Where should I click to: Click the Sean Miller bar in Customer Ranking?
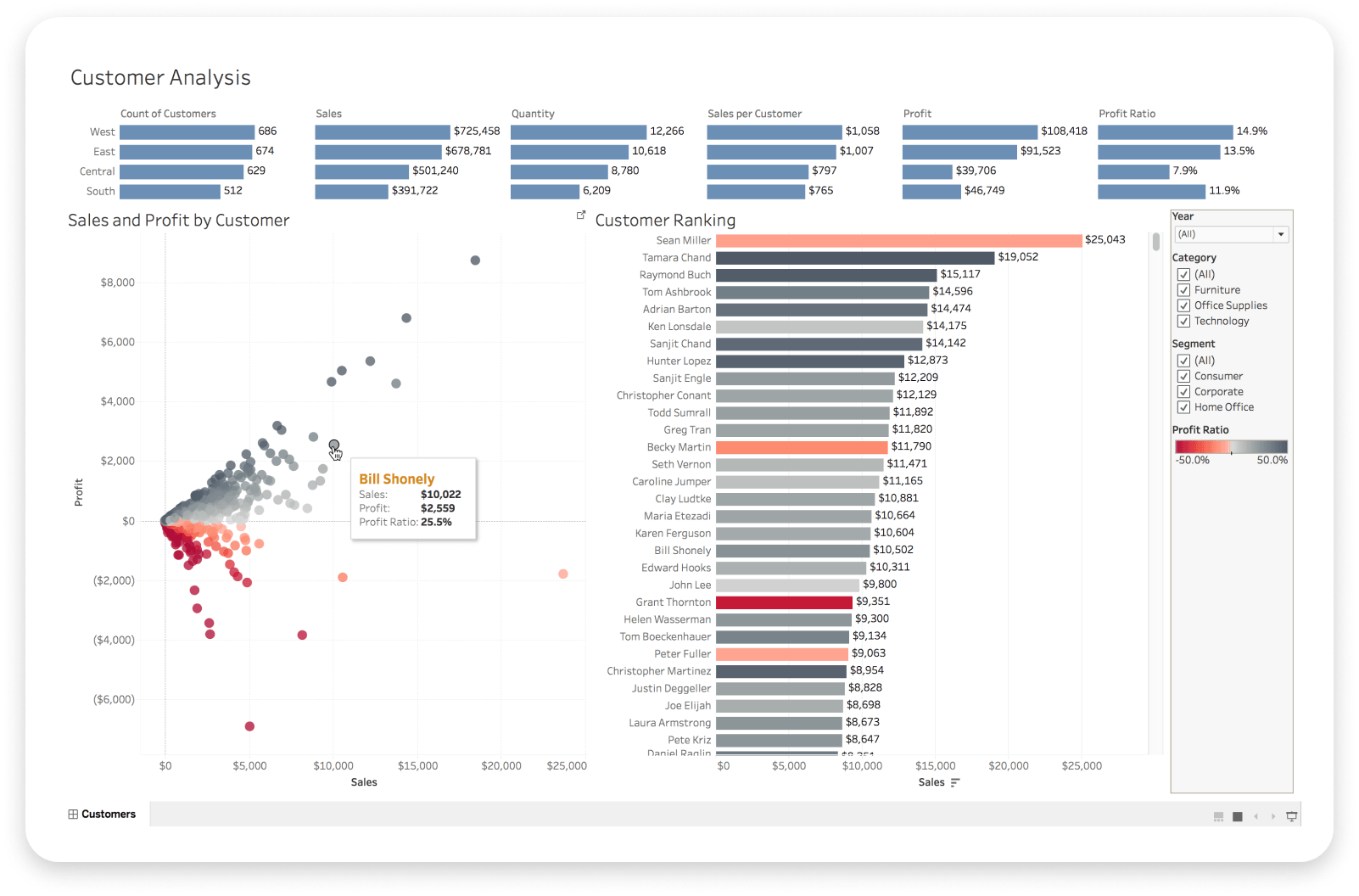pos(898,241)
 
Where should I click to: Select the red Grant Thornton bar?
pos(784,602)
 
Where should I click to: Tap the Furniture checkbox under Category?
pos(1183,290)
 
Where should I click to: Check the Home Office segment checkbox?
pos(1183,407)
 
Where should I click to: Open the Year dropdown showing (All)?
pos(1232,234)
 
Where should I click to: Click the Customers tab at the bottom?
pos(102,815)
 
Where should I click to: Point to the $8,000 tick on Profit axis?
pos(118,283)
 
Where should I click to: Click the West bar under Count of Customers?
pos(187,132)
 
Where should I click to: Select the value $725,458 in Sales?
pos(477,132)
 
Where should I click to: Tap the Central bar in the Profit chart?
pos(927,171)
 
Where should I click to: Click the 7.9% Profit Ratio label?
pos(1185,171)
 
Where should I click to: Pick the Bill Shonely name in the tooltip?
pos(396,479)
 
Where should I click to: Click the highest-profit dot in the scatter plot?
pos(475,260)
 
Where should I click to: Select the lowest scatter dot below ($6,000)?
pos(249,726)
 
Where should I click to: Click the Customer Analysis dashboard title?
pos(160,78)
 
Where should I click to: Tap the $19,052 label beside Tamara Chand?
pos(1018,257)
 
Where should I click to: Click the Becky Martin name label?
pos(679,447)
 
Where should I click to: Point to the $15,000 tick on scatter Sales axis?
pos(417,766)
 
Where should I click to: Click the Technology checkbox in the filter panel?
pos(1183,322)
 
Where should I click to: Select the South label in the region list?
pos(100,192)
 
